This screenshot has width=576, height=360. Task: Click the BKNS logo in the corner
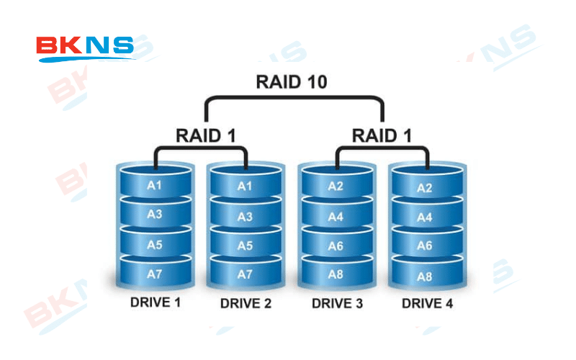(85, 49)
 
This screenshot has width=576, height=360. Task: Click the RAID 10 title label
(292, 82)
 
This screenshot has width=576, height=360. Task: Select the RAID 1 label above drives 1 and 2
(206, 135)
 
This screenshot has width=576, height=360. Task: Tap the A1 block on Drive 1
(155, 185)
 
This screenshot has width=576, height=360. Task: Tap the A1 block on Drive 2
(246, 186)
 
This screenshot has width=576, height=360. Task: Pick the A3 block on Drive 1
(155, 215)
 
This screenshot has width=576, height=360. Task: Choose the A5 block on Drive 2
(246, 246)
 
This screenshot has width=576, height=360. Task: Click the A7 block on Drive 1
(155, 274)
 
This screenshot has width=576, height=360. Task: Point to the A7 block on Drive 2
(246, 274)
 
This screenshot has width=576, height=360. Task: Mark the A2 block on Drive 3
(336, 186)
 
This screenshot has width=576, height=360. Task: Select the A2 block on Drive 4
(426, 188)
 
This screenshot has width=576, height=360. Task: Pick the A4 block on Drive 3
(336, 216)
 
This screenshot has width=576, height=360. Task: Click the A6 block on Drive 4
(426, 246)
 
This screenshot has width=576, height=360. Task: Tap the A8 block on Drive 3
(336, 274)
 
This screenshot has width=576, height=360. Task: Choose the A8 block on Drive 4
(426, 276)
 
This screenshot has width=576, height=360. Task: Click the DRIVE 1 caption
(155, 302)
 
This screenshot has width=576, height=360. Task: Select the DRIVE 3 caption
(336, 303)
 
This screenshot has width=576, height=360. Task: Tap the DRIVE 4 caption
(427, 304)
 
